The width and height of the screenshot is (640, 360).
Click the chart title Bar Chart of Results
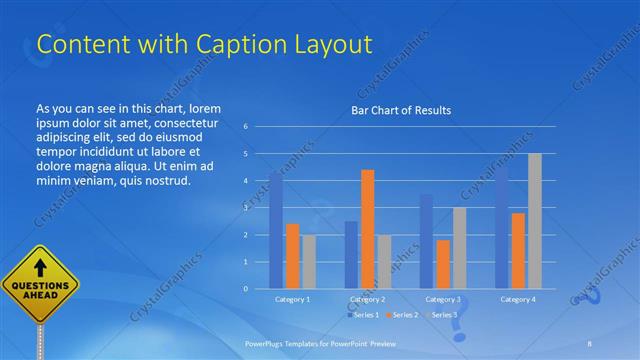click(401, 110)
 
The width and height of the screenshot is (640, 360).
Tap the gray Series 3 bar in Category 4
click(535, 221)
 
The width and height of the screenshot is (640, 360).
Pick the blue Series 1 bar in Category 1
click(276, 230)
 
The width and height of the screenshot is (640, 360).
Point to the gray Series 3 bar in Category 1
click(309, 261)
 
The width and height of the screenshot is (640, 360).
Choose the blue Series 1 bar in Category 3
click(426, 241)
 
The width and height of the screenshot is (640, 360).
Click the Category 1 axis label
click(292, 299)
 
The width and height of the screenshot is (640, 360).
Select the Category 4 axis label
click(518, 299)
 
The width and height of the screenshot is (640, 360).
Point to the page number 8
click(590, 343)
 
